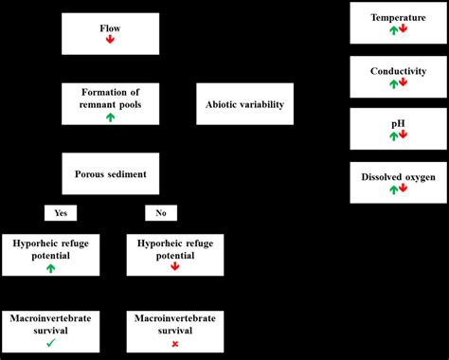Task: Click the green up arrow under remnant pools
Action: coord(111,117)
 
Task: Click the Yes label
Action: coord(60,213)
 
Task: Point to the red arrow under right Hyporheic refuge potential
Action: coord(174,268)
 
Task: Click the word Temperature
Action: coord(398,17)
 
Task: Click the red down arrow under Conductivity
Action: coord(404,83)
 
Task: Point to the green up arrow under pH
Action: coord(392,135)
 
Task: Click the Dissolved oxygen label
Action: coord(398,176)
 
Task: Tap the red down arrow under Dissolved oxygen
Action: coord(404,190)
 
